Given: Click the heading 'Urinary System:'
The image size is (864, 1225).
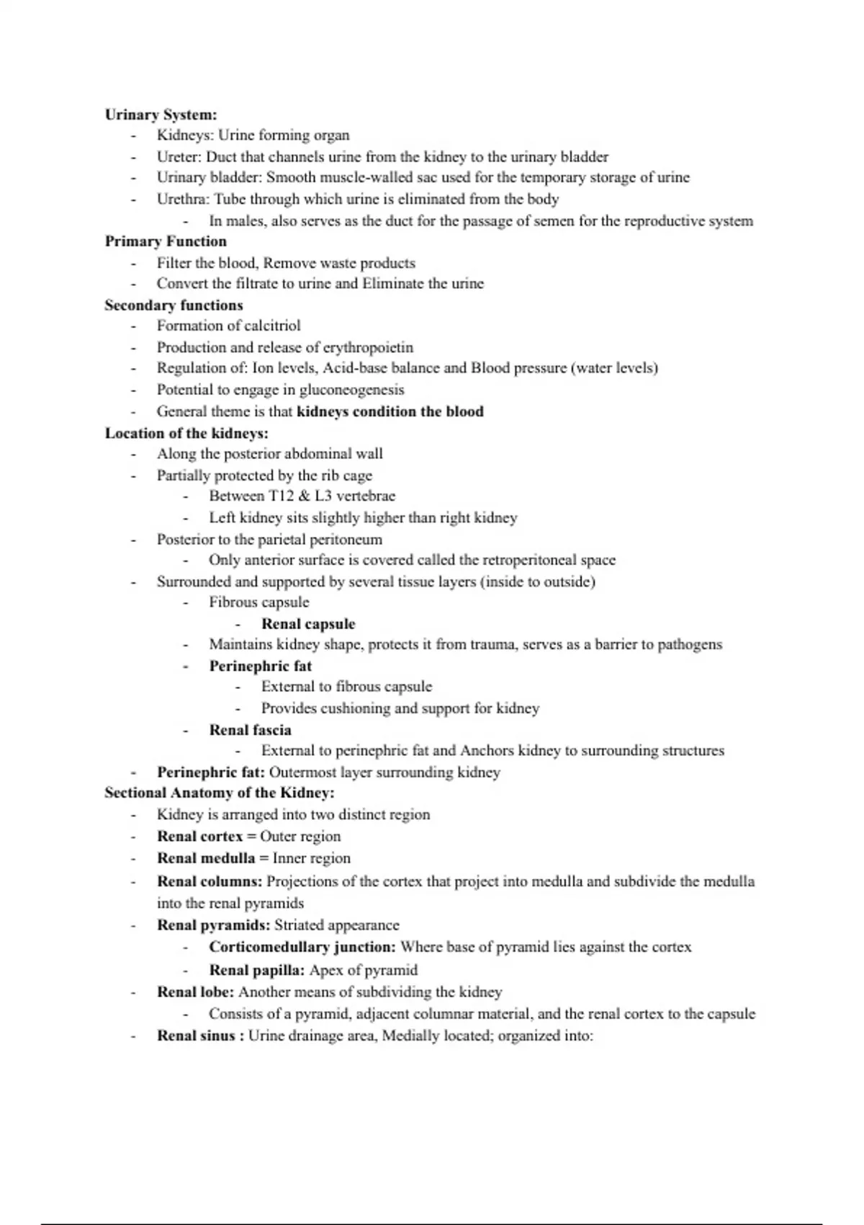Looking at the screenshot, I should (161, 115).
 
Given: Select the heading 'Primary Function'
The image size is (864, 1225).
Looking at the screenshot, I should (166, 241).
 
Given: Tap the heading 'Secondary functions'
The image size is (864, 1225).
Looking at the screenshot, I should (174, 306).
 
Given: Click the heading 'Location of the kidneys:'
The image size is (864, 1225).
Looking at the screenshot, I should (186, 433).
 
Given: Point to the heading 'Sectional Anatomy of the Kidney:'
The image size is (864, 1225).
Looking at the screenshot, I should (220, 793).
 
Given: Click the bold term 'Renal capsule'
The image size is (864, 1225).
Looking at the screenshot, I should (308, 624).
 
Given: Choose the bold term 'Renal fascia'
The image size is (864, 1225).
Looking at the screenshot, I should (250, 730).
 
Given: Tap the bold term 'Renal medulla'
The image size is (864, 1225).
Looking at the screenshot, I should (206, 858).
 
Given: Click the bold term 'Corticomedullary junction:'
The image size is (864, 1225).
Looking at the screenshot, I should (302, 947).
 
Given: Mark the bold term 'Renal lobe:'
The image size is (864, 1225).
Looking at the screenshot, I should (196, 992).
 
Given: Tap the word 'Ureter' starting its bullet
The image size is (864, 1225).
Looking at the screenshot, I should (179, 157).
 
